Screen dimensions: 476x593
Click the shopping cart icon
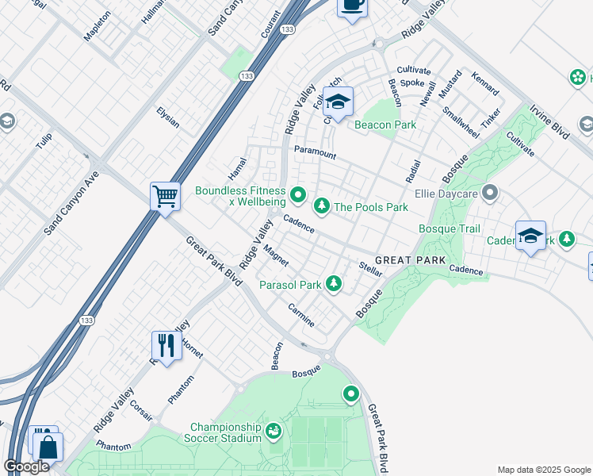(x=165, y=195)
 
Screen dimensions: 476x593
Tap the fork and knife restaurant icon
(x=166, y=344)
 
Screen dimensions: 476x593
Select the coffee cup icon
(x=352, y=6)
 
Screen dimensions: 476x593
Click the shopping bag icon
(x=48, y=446)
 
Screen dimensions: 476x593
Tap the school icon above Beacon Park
(x=338, y=102)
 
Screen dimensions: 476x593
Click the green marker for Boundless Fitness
(x=298, y=194)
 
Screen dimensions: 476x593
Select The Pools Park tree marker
(x=322, y=207)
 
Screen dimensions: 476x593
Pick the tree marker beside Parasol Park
(x=335, y=283)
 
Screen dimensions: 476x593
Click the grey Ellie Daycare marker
(x=490, y=193)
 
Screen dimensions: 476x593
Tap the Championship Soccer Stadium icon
(x=274, y=431)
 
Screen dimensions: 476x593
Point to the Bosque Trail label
(x=450, y=229)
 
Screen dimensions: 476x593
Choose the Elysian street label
(x=167, y=117)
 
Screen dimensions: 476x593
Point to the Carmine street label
(x=301, y=315)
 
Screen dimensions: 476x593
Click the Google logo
(x=27, y=466)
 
